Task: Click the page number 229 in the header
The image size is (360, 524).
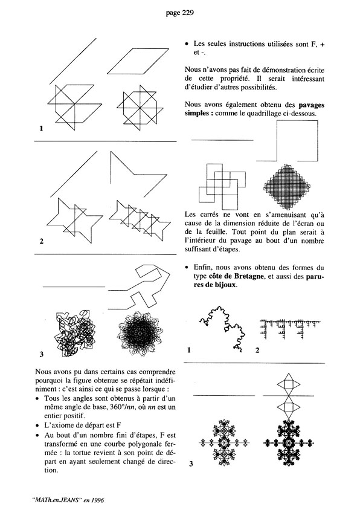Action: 188,13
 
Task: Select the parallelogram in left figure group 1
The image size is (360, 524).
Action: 138,61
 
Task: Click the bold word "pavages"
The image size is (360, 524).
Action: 311,105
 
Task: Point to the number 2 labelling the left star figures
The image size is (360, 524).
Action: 42,241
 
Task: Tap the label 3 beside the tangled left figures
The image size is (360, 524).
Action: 42,354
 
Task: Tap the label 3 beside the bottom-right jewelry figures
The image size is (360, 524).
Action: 191,464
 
